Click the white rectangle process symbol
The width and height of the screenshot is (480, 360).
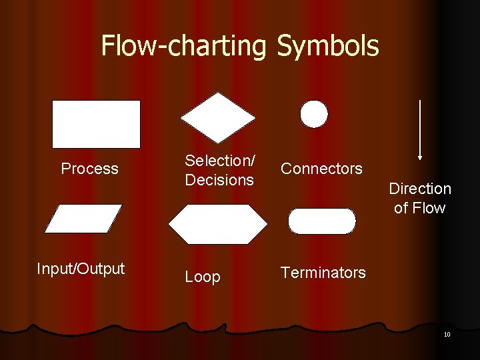96,124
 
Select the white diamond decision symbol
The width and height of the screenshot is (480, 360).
217,118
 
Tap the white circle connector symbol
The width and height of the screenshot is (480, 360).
314,114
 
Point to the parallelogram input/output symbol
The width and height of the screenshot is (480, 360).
83,218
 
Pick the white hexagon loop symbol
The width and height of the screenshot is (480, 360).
217,224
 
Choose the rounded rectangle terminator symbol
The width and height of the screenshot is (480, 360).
322,221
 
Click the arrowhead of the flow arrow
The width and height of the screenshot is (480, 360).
419,157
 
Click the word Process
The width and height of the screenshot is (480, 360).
89,169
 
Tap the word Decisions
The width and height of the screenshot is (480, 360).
219,180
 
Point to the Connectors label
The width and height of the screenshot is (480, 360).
321,169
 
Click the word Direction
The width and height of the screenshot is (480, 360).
420,189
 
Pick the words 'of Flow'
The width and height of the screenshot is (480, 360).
419,208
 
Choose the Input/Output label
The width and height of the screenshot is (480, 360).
81,269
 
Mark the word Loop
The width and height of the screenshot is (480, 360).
202,277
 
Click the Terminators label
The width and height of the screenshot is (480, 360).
323,273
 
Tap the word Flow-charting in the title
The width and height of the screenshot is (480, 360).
184,46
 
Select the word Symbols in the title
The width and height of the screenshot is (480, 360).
327,46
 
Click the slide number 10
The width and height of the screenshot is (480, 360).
447,334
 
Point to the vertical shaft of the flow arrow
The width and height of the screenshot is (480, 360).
419,127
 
